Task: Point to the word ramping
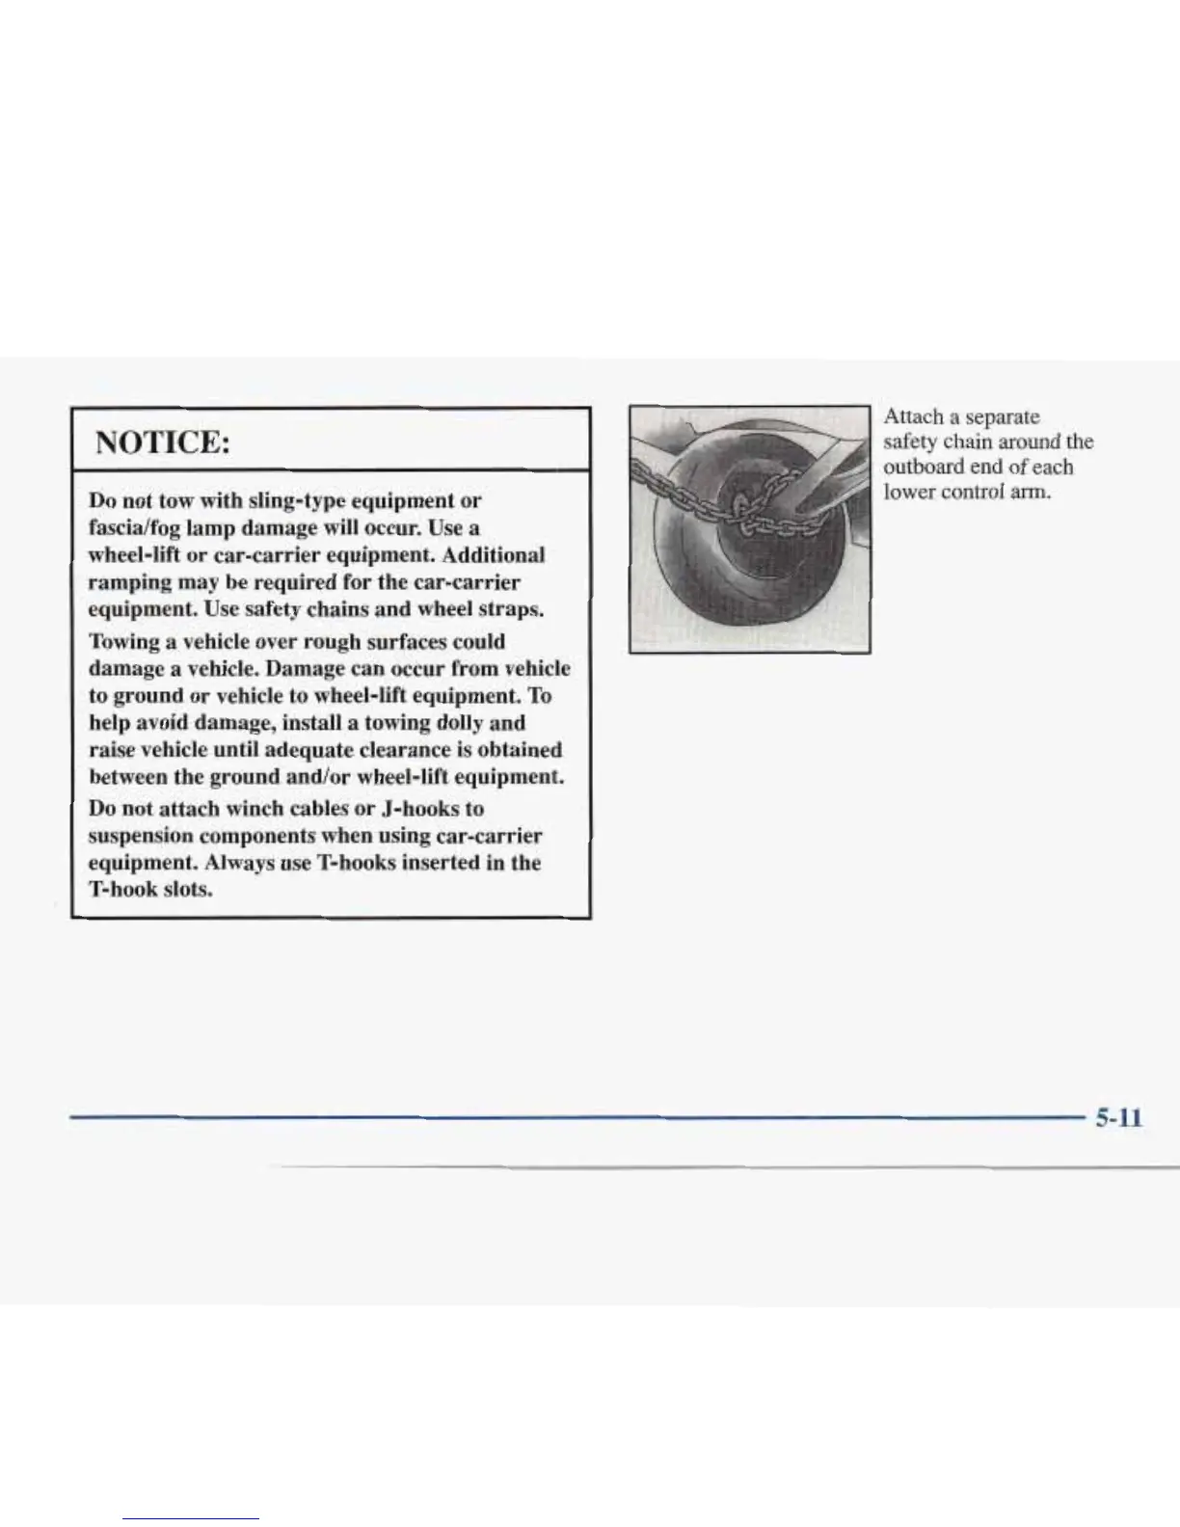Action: click(x=124, y=583)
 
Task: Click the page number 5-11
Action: click(x=1118, y=1118)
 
